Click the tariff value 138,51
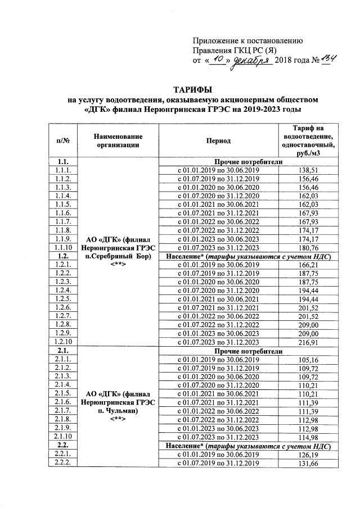point(311,170)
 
